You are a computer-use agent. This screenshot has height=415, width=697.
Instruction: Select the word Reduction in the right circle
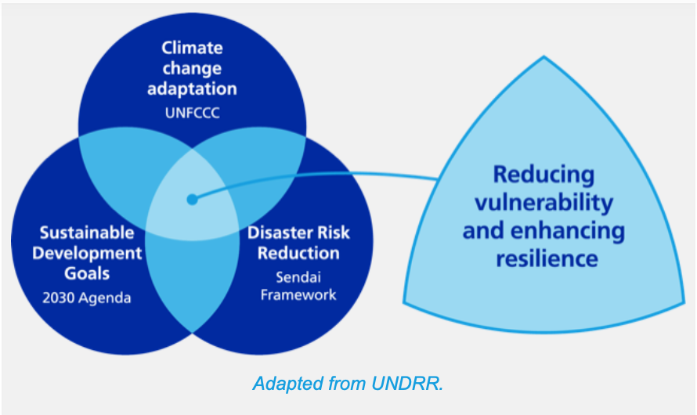tap(298, 253)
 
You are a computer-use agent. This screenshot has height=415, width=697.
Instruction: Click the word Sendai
tap(298, 276)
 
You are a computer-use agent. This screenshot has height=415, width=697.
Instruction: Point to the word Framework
tap(298, 294)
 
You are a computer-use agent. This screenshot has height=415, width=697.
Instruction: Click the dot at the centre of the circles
tap(192, 200)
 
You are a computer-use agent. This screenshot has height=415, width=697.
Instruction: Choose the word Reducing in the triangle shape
tap(544, 174)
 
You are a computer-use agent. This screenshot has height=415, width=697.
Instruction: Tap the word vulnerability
tap(544, 202)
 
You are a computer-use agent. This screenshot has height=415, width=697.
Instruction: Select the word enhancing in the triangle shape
tap(571, 230)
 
